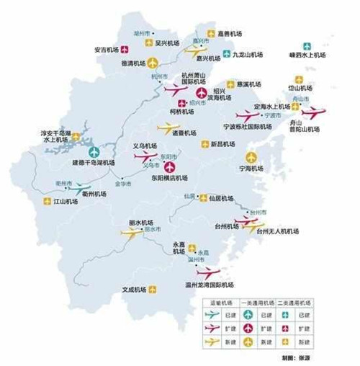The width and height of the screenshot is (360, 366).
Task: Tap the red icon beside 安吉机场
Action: (125, 50)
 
